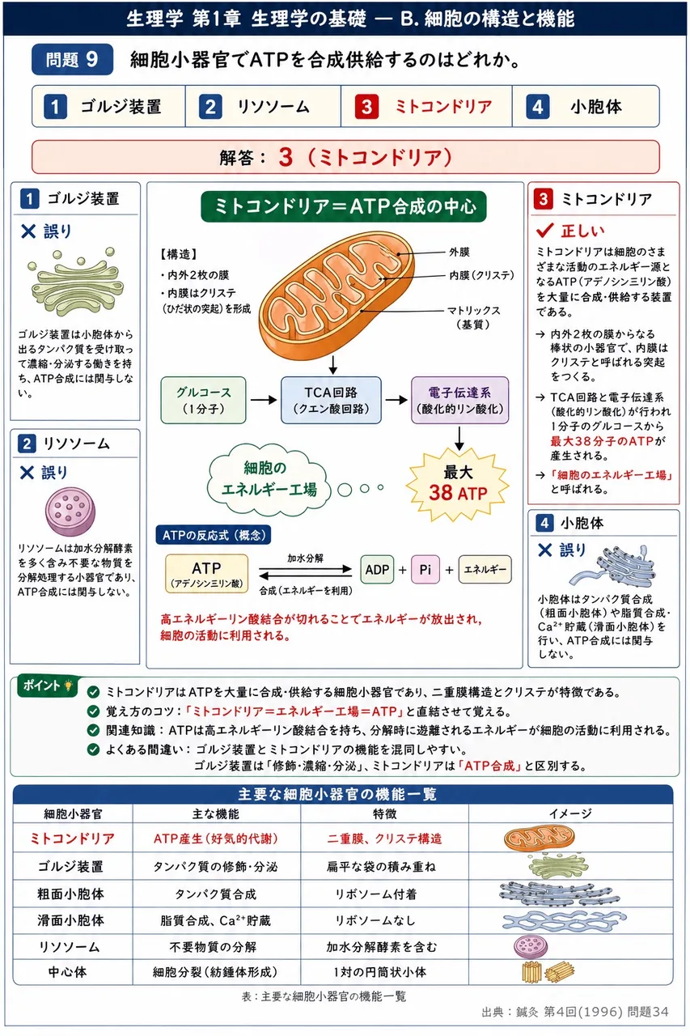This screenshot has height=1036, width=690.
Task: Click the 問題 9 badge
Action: (72, 59)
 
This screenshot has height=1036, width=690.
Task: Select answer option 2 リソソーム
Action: (263, 106)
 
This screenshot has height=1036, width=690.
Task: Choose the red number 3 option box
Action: (426, 106)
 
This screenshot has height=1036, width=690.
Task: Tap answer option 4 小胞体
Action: (586, 106)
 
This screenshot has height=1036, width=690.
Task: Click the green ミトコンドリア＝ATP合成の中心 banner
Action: (344, 206)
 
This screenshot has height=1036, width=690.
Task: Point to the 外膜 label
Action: (459, 252)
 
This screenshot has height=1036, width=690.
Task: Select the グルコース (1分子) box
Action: (203, 400)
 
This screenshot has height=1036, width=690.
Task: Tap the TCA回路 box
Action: (332, 400)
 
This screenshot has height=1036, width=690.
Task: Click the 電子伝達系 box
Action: (459, 400)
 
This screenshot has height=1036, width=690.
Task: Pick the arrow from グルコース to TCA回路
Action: (264, 400)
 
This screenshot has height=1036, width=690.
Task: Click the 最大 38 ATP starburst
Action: (458, 484)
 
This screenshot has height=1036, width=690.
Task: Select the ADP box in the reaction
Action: (377, 569)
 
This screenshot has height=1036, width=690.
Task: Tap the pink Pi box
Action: (425, 569)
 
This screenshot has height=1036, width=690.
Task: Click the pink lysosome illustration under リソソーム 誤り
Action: (70, 512)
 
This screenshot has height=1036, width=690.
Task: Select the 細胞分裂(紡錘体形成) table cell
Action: (216, 972)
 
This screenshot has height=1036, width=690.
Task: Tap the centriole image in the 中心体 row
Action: (548, 972)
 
